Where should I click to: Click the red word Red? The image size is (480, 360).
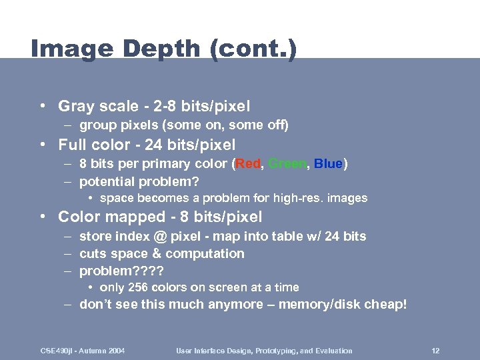coord(248,164)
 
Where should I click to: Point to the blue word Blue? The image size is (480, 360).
coord(328,164)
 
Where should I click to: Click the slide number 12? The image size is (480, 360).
coord(435,351)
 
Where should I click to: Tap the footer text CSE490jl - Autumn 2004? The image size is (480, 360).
coord(83,351)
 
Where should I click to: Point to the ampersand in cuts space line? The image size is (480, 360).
coord(157,254)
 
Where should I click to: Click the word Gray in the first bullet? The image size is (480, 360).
coord(76,106)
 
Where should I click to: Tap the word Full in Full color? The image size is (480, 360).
coord(72,145)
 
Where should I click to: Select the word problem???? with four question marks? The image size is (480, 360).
coord(121,271)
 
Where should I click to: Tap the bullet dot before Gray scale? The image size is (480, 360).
coord(42,106)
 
